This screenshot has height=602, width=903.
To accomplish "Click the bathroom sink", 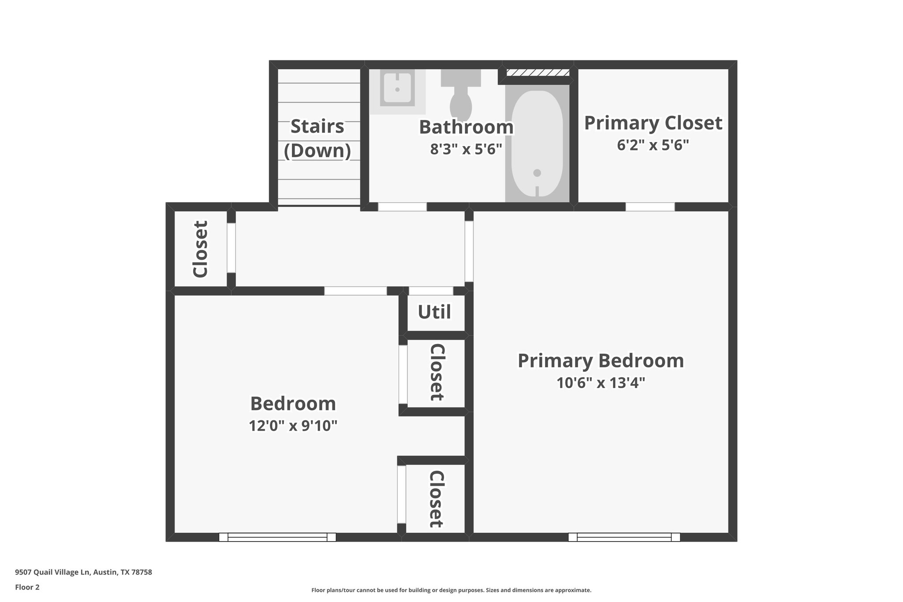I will [x=397, y=90].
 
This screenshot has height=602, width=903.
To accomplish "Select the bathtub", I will [x=537, y=143].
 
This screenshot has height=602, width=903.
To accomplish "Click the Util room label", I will [x=434, y=312].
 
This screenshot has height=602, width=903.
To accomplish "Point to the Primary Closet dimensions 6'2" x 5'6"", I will [x=653, y=145].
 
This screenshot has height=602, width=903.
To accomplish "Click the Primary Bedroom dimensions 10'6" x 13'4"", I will [x=601, y=382].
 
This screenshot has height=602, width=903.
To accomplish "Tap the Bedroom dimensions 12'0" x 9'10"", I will [x=293, y=426].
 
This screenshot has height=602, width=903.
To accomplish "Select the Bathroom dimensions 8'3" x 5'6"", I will [x=466, y=150].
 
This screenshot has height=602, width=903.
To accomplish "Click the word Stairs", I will [x=317, y=126].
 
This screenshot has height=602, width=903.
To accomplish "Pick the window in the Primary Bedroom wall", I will [x=624, y=537].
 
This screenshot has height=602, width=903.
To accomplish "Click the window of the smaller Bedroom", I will [x=277, y=537].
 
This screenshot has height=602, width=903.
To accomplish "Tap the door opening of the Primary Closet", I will [x=650, y=206].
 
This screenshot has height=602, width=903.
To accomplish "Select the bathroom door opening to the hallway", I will [x=402, y=206].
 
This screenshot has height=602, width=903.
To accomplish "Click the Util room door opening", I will [x=431, y=291].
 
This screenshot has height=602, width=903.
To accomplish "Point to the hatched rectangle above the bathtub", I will [x=537, y=73].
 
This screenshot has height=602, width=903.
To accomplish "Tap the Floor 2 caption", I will [x=27, y=587].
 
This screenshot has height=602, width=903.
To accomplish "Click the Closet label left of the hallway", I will [x=201, y=249].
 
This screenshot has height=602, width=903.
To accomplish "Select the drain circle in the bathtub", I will [x=537, y=173].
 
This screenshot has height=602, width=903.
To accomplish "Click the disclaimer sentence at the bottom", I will [x=451, y=590].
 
